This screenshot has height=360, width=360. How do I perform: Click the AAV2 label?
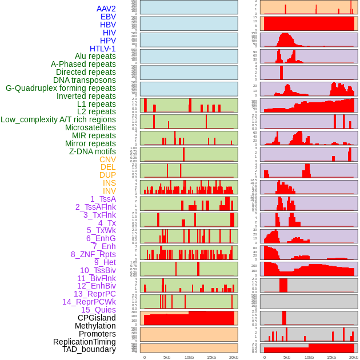click(x=106, y=9)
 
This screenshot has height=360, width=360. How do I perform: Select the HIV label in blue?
click(x=109, y=33)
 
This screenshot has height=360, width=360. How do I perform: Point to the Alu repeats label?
click(x=95, y=56)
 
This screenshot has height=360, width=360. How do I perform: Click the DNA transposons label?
click(x=85, y=80)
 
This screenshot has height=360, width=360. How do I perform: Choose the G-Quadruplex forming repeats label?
click(x=61, y=88)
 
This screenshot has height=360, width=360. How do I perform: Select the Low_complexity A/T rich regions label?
click(x=58, y=119)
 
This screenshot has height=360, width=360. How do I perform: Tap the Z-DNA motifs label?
click(x=93, y=151)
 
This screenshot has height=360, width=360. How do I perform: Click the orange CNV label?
click(x=107, y=159)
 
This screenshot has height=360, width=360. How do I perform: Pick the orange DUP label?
click(x=107, y=175)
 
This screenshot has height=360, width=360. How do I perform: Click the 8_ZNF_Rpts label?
click(x=93, y=254)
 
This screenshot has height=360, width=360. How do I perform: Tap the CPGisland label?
click(x=97, y=318)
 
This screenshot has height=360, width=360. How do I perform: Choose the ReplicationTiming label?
click(x=85, y=342)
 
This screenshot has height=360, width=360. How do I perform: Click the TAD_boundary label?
click(x=89, y=349)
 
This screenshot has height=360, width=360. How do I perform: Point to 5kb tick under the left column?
click(x=167, y=357)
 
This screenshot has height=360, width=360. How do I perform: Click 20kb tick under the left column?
click(x=233, y=357)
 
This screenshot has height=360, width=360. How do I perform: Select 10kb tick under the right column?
click(x=309, y=357)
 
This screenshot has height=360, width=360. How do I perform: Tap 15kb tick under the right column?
click(x=331, y=357)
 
